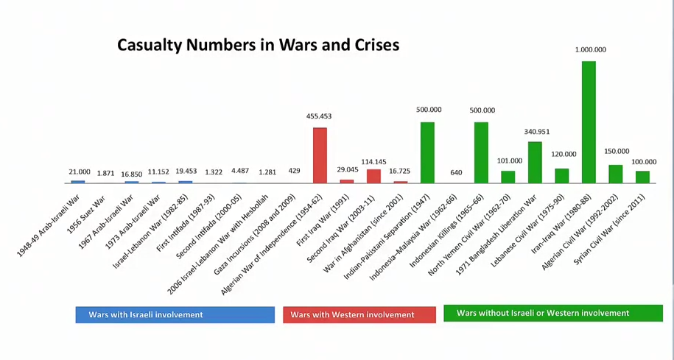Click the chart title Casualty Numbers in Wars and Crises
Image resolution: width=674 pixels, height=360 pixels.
point(259,45)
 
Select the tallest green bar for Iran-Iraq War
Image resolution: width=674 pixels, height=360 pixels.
point(589,121)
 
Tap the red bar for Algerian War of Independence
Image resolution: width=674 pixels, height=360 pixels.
point(320,155)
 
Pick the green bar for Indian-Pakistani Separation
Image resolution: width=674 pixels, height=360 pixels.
point(427,152)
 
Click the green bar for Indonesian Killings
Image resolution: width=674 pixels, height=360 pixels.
point(481,152)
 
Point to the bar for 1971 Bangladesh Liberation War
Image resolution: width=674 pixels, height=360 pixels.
point(535,162)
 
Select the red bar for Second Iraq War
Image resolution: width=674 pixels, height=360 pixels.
point(373,176)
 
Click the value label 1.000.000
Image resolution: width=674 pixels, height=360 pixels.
point(591,49)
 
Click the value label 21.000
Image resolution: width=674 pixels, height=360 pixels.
point(78,172)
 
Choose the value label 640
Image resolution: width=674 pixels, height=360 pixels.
point(455,172)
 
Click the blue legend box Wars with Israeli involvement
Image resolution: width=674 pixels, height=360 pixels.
point(174,314)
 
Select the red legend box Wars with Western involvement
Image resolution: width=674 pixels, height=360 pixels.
point(359,314)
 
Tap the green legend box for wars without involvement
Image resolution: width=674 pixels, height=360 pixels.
point(552,313)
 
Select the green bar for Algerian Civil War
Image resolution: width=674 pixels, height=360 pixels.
point(616,174)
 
